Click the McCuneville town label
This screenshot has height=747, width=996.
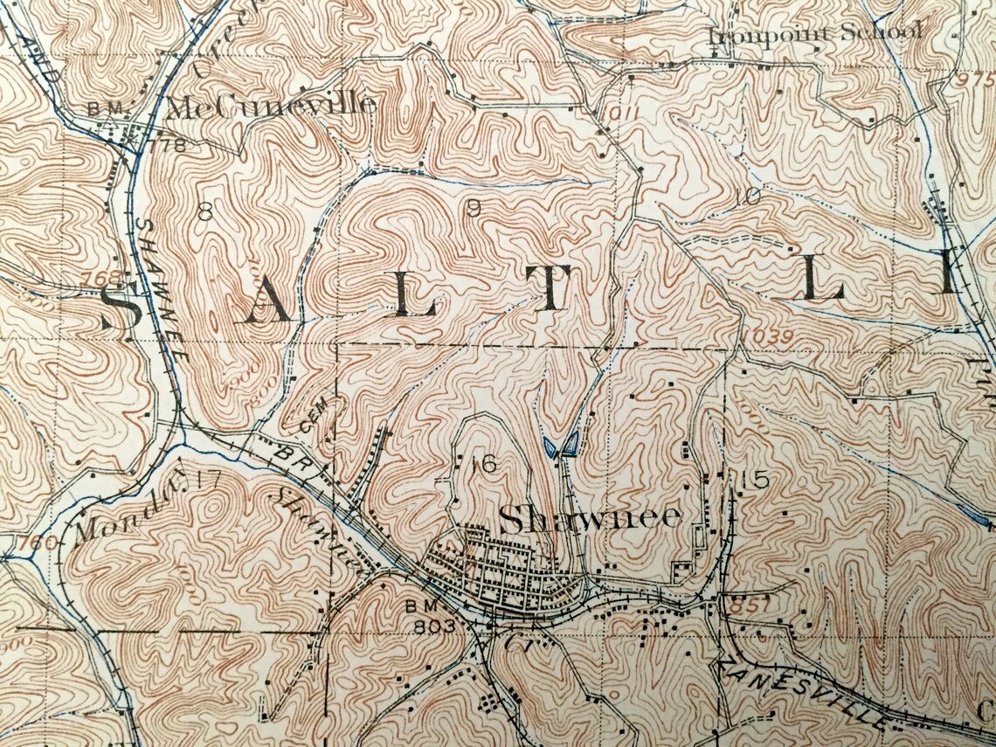(270, 108)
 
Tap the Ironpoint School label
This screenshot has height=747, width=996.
(814, 33)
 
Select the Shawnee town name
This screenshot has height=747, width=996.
(590, 518)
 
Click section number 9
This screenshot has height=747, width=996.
(474, 208)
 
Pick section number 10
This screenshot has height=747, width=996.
(748, 197)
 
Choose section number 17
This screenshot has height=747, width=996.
(208, 478)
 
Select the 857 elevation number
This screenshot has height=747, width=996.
(754, 605)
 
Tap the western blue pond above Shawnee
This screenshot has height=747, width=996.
(550, 448)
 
